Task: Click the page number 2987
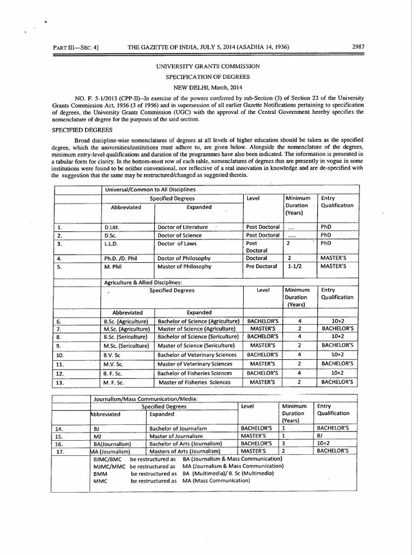(357, 47)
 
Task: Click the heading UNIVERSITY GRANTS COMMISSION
(208, 66)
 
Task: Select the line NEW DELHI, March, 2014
(208, 87)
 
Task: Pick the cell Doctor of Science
(179, 235)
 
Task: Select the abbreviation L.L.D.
(111, 244)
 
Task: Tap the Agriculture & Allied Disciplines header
(143, 282)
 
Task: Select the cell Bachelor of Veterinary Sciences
(197, 354)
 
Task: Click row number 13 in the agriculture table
(60, 382)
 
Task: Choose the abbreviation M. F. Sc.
(115, 382)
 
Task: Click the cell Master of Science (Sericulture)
(196, 345)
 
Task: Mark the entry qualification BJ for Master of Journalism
(320, 436)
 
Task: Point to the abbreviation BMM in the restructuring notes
(100, 473)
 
